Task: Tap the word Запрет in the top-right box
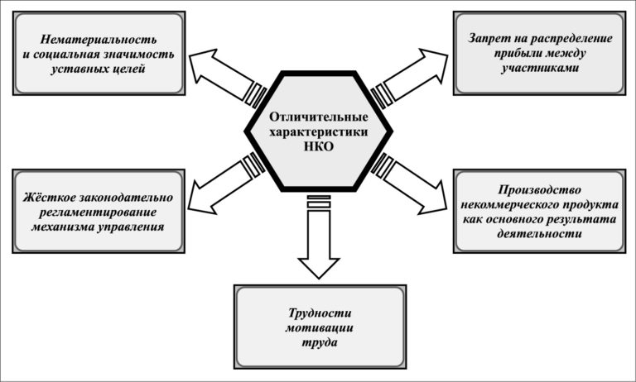point(489,39)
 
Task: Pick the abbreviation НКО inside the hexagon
point(318,146)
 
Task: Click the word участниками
point(538,69)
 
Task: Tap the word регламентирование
point(99,212)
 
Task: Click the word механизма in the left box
point(68,226)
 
